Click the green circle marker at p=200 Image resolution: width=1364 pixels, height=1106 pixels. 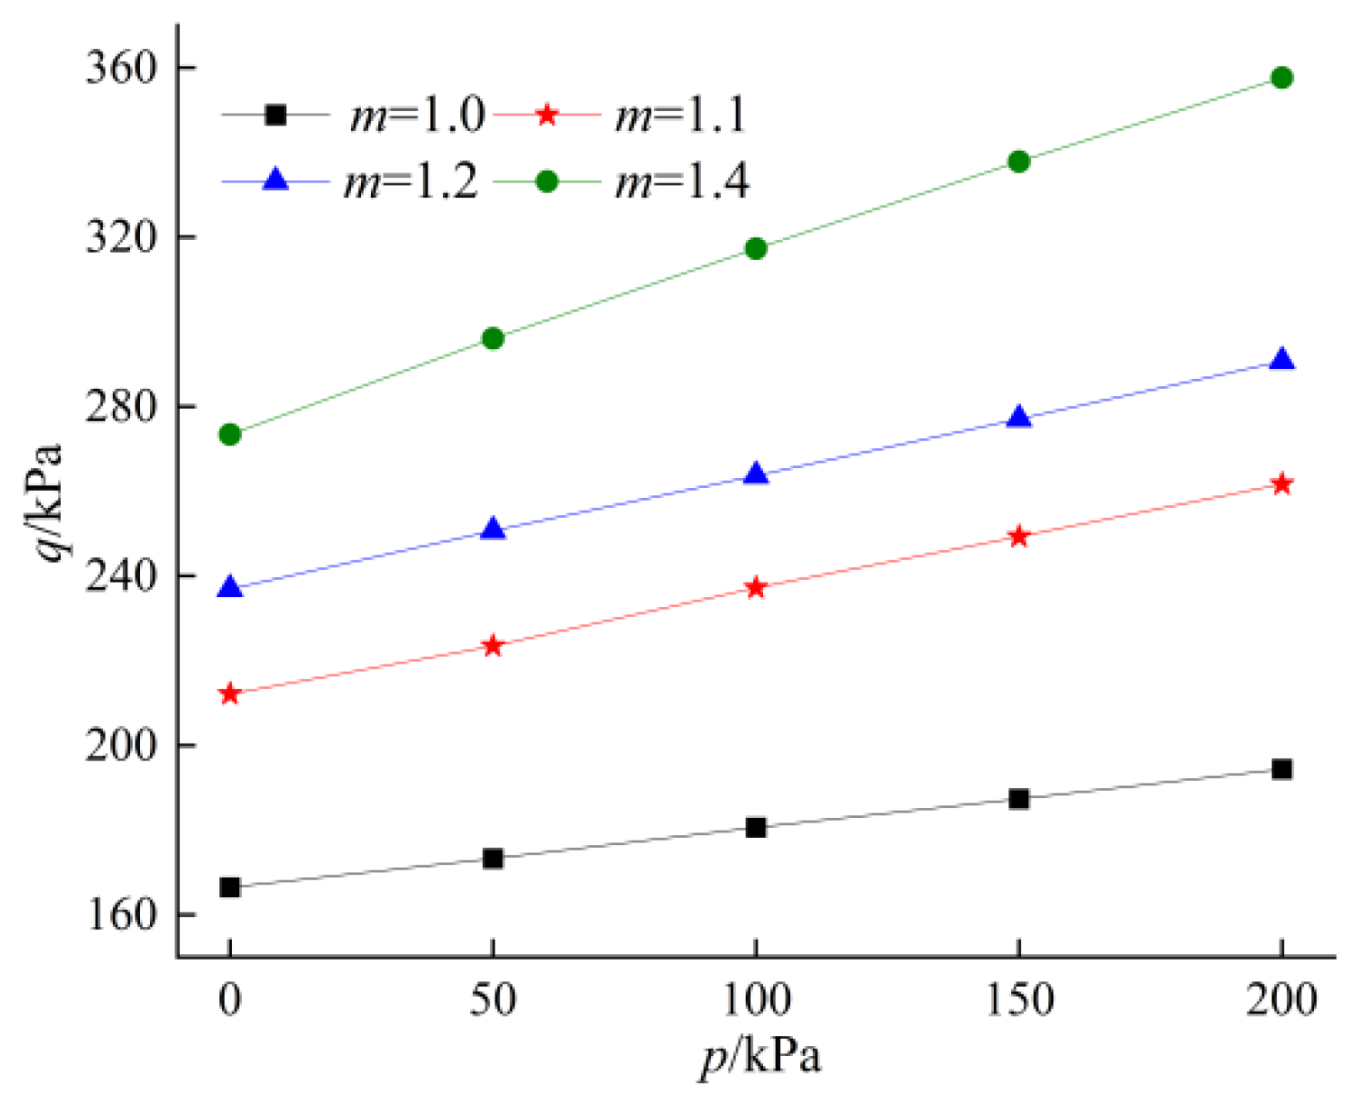pos(1281,78)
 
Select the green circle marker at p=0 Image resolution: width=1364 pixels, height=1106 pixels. pos(230,434)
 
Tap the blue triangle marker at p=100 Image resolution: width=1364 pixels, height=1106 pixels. pos(756,474)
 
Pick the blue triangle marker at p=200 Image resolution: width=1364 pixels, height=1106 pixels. pos(1281,360)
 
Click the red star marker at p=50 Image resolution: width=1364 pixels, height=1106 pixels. pos(492,646)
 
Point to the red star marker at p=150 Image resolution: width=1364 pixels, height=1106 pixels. pos(1018,536)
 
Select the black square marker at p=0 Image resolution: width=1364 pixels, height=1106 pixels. pos(230,887)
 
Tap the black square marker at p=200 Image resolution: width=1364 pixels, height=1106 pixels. pos(1281,770)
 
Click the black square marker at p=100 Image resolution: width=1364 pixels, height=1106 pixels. pos(756,827)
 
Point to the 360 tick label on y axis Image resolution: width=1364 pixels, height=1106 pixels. pos(121,68)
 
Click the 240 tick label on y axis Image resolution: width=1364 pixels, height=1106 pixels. pos(121,575)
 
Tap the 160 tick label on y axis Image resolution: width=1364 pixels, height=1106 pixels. pos(121,914)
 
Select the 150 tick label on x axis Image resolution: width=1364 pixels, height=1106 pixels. pos(1018,1001)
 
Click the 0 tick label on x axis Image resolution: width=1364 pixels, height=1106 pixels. pos(230,1001)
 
